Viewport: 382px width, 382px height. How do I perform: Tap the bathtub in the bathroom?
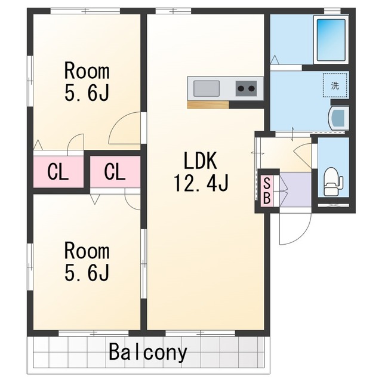point(331,40)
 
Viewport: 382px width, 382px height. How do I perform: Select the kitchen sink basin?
point(207,88)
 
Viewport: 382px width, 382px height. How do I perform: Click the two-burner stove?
point(247,88)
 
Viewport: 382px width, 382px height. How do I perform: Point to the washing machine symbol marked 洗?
point(335,85)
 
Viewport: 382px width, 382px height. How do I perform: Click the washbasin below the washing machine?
point(338,118)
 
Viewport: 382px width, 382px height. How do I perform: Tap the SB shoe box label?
point(267,191)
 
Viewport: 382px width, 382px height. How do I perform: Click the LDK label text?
point(201,161)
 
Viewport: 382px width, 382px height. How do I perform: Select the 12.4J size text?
point(201,183)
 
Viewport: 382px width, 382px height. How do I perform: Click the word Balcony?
point(148,352)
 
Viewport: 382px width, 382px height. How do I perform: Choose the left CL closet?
point(58,172)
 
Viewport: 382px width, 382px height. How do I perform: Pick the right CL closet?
point(115,172)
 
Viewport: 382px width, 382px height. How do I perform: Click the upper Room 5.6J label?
point(87,82)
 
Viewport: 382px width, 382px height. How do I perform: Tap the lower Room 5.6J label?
point(87,261)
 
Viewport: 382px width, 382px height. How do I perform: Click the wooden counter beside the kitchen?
point(208,104)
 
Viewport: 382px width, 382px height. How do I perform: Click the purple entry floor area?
point(296,190)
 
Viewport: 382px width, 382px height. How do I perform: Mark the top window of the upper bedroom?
point(85,11)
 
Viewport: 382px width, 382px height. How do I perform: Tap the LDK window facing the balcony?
point(201,333)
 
